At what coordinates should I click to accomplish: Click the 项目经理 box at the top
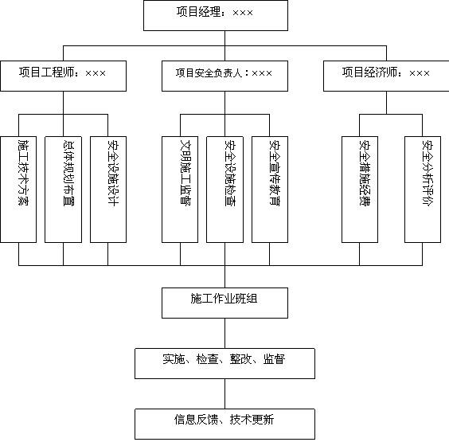pos(216,15)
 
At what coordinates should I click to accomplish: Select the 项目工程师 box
pos(63,76)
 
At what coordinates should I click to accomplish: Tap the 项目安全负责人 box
pos(224,76)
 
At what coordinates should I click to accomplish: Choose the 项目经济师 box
pos(386,76)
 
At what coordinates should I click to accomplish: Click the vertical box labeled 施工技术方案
pos(18,190)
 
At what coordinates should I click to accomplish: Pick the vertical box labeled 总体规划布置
pos(63,190)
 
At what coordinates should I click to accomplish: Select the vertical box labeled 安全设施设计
pos(108,190)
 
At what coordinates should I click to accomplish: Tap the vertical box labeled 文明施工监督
pos(180,190)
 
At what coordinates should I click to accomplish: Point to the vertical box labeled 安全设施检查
pos(224,190)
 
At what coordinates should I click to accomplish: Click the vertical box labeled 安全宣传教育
pos(270,190)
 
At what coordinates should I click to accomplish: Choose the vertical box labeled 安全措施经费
pos(360,190)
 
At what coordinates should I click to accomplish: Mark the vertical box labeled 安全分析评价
pos(423,190)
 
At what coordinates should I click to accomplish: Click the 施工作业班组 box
pos(224,303)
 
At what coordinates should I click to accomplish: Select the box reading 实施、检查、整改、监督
pos(224,363)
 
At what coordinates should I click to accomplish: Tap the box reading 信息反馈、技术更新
pos(224,424)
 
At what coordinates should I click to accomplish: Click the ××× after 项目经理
pos(243,13)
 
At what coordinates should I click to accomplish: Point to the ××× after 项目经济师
pos(420,73)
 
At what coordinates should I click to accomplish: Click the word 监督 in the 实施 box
pos(274,359)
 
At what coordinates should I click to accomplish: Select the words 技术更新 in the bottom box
pos(252,420)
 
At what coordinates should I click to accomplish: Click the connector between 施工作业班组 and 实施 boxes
pos(224,333)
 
